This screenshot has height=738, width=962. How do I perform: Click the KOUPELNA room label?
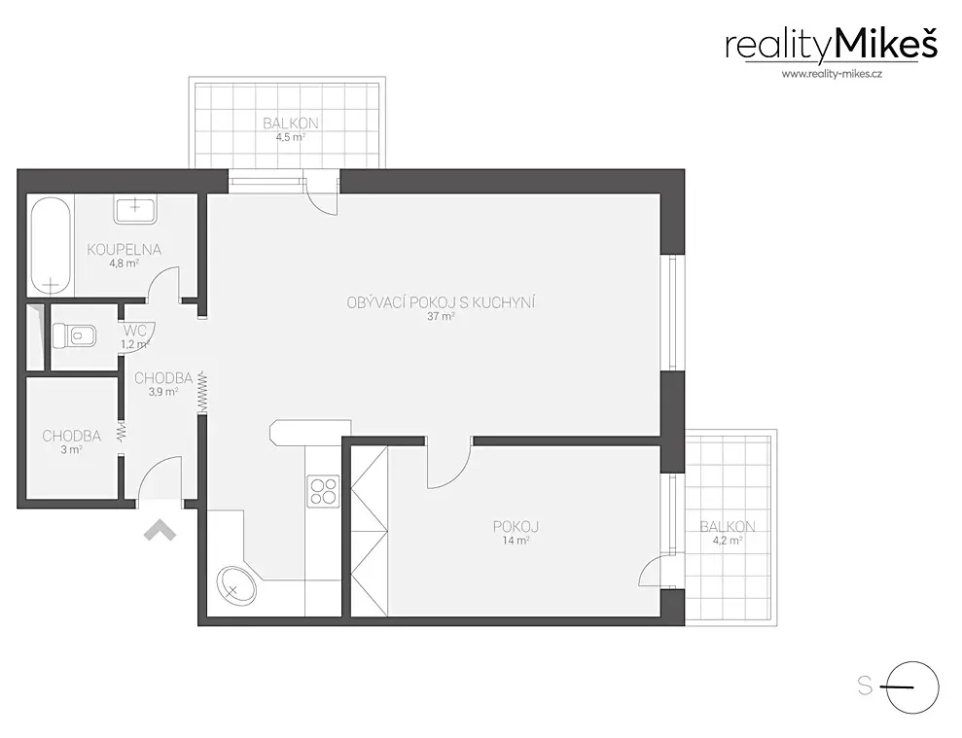click(x=124, y=250)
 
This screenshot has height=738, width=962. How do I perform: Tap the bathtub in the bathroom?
click(x=51, y=245)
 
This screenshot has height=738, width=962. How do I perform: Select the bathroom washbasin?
click(x=135, y=209)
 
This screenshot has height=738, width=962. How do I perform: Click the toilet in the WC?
click(x=74, y=336)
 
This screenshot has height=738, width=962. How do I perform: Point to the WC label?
click(x=135, y=331)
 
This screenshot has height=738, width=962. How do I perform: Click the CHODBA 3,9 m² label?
click(x=163, y=384)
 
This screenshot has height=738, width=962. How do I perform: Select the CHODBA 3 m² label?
click(x=72, y=441)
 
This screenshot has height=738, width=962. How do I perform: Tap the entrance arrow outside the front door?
click(x=160, y=530)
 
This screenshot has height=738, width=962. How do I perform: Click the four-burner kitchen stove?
click(x=323, y=491)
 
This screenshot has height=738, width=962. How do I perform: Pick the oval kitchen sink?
click(x=236, y=585)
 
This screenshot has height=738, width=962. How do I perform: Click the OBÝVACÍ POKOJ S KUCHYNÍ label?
click(x=442, y=302)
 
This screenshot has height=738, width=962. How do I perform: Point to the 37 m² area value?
click(x=442, y=317)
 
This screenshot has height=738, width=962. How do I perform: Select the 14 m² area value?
click(x=516, y=541)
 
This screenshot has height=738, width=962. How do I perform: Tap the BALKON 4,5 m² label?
click(x=291, y=128)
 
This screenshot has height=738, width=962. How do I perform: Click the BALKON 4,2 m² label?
click(x=728, y=533)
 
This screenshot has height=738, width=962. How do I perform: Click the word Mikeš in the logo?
click(x=886, y=46)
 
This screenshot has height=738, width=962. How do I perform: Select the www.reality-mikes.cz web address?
click(x=832, y=74)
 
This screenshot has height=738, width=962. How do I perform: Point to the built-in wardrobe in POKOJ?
click(x=370, y=531)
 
